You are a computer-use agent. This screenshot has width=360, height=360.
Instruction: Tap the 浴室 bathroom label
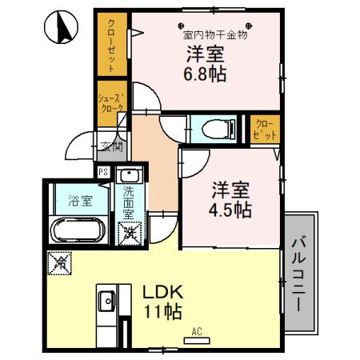[78, 200]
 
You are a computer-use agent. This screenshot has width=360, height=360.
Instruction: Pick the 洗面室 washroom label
[129, 203]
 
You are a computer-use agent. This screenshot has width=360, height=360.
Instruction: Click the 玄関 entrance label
[110, 146]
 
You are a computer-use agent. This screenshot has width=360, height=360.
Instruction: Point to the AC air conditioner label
[196, 331]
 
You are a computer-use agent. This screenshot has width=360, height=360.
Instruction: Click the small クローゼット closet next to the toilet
[264, 130]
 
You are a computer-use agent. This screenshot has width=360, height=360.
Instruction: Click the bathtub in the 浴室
[76, 230]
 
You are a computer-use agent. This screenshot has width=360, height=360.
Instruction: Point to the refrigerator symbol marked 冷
[60, 262]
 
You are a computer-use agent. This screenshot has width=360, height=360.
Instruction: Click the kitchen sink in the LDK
[106, 302]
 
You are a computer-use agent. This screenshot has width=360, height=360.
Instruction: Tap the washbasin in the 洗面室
[129, 177]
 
